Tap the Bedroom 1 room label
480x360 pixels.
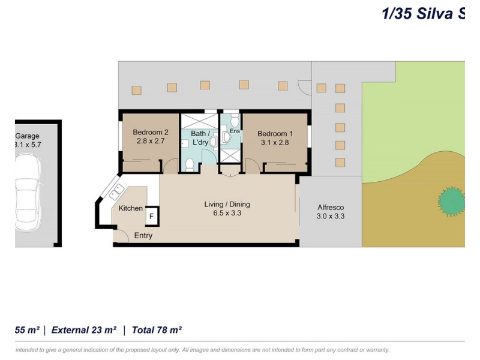tap(275, 133)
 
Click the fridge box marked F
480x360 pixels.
tap(152, 216)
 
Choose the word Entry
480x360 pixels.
tap(143, 236)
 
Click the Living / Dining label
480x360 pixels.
tap(227, 205)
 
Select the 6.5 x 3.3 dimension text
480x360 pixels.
tap(227, 213)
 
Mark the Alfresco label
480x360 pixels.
tap(331, 207)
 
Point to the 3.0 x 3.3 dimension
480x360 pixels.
tap(331, 216)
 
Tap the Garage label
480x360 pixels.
tap(27, 136)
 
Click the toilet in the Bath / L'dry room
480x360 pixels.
tap(190, 164)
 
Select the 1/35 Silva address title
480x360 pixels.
tap(423, 13)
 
